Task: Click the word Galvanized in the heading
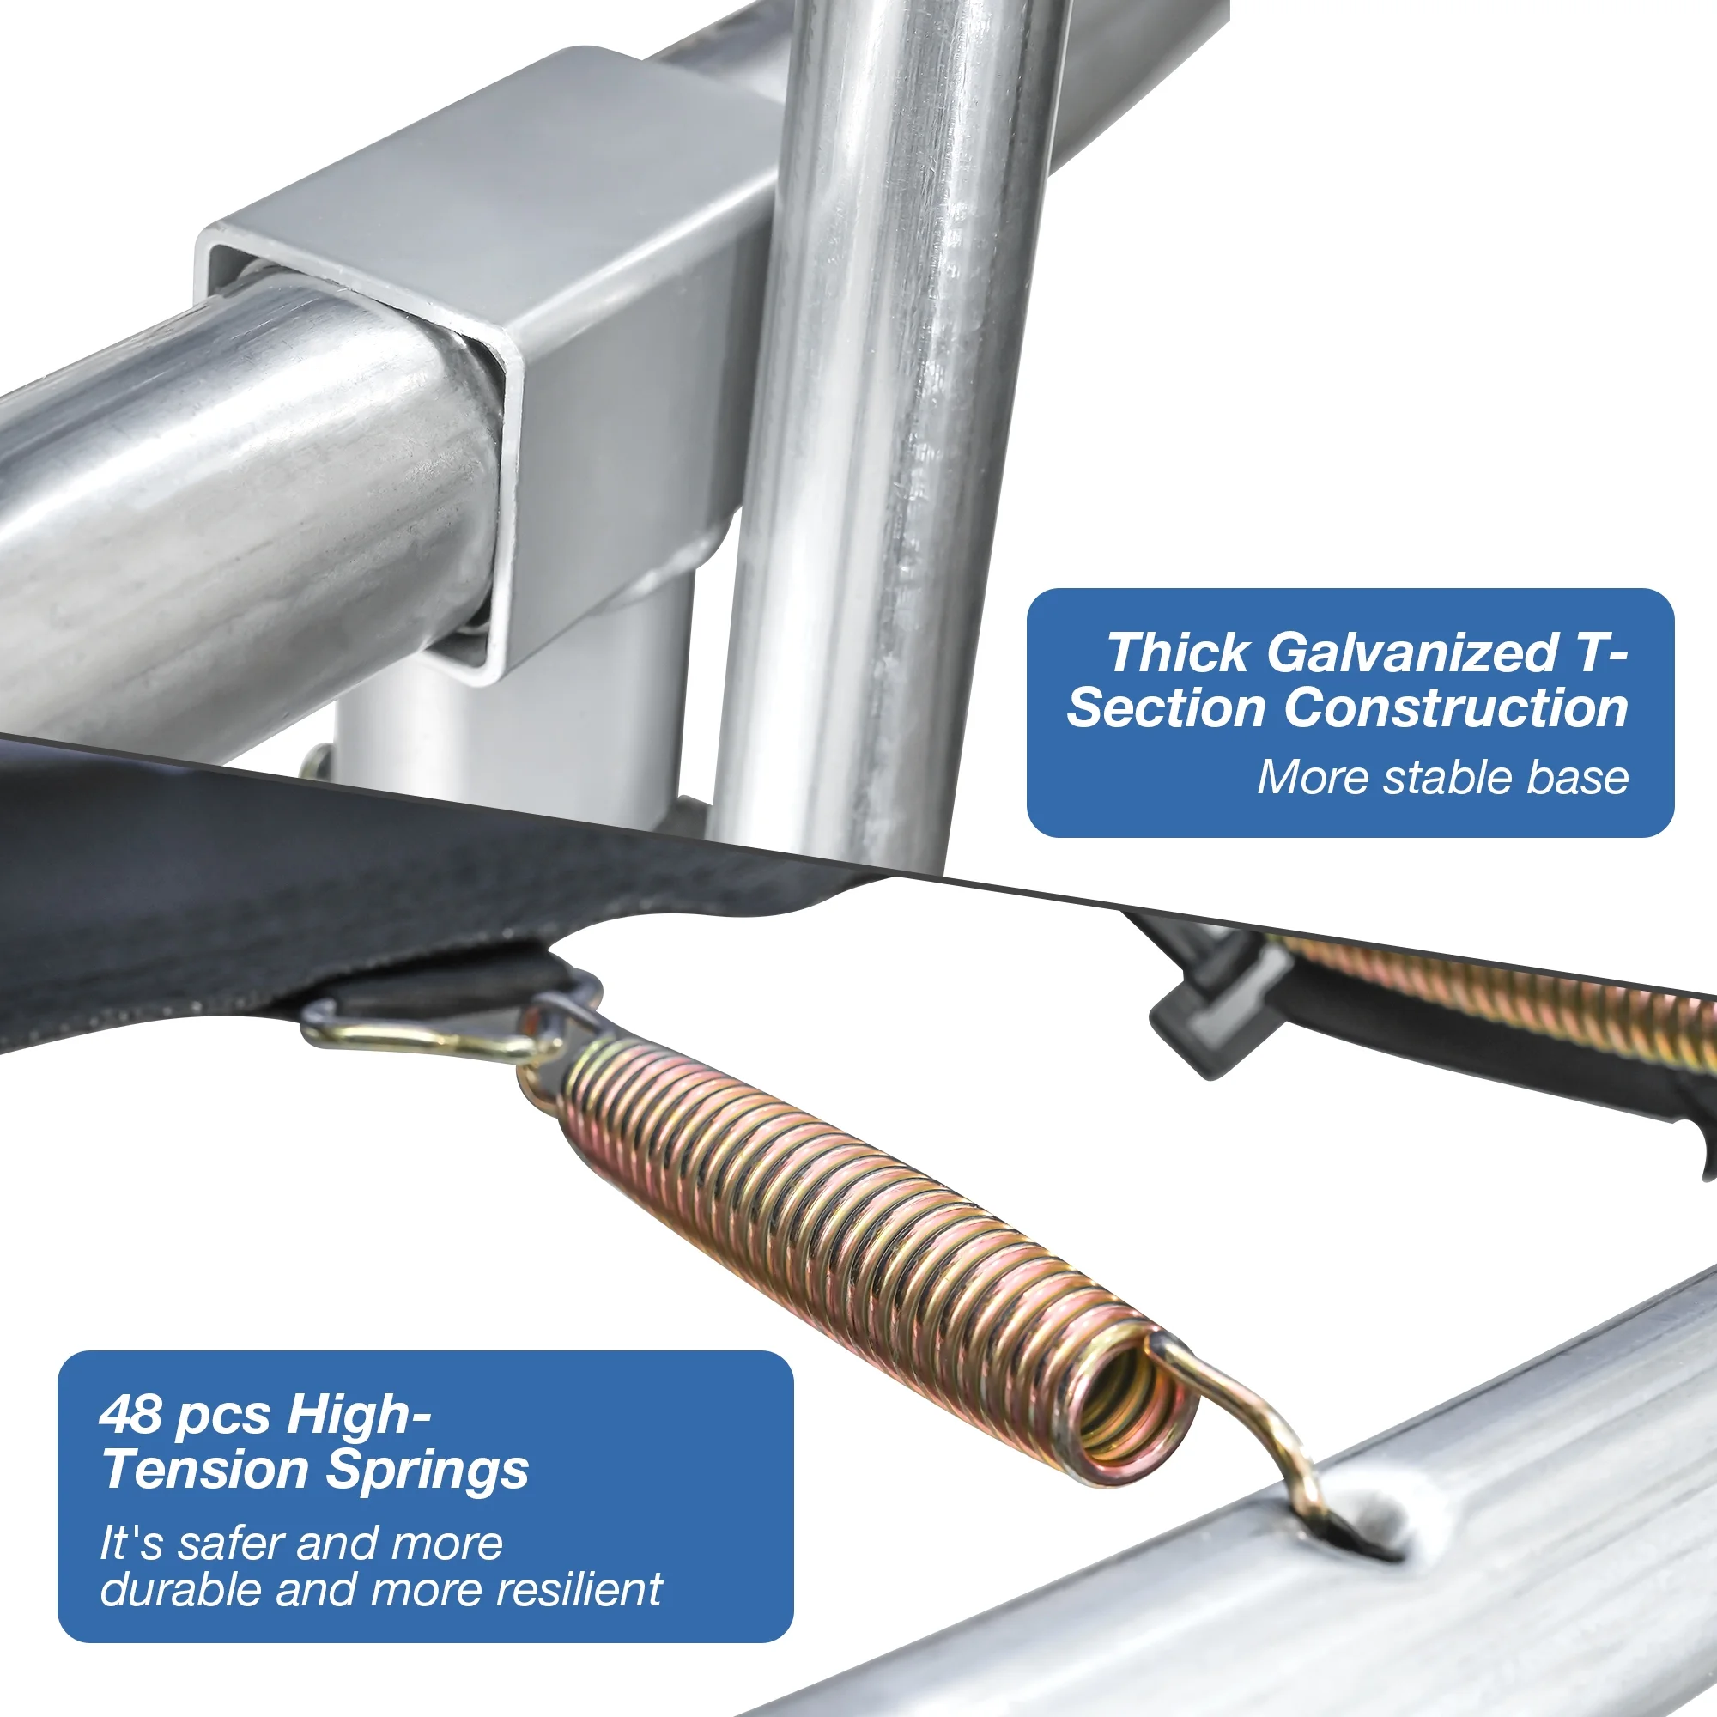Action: [x=1412, y=653]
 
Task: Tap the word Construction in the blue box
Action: [x=1456, y=708]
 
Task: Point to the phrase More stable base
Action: [x=1443, y=778]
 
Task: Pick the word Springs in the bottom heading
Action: [x=428, y=1471]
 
